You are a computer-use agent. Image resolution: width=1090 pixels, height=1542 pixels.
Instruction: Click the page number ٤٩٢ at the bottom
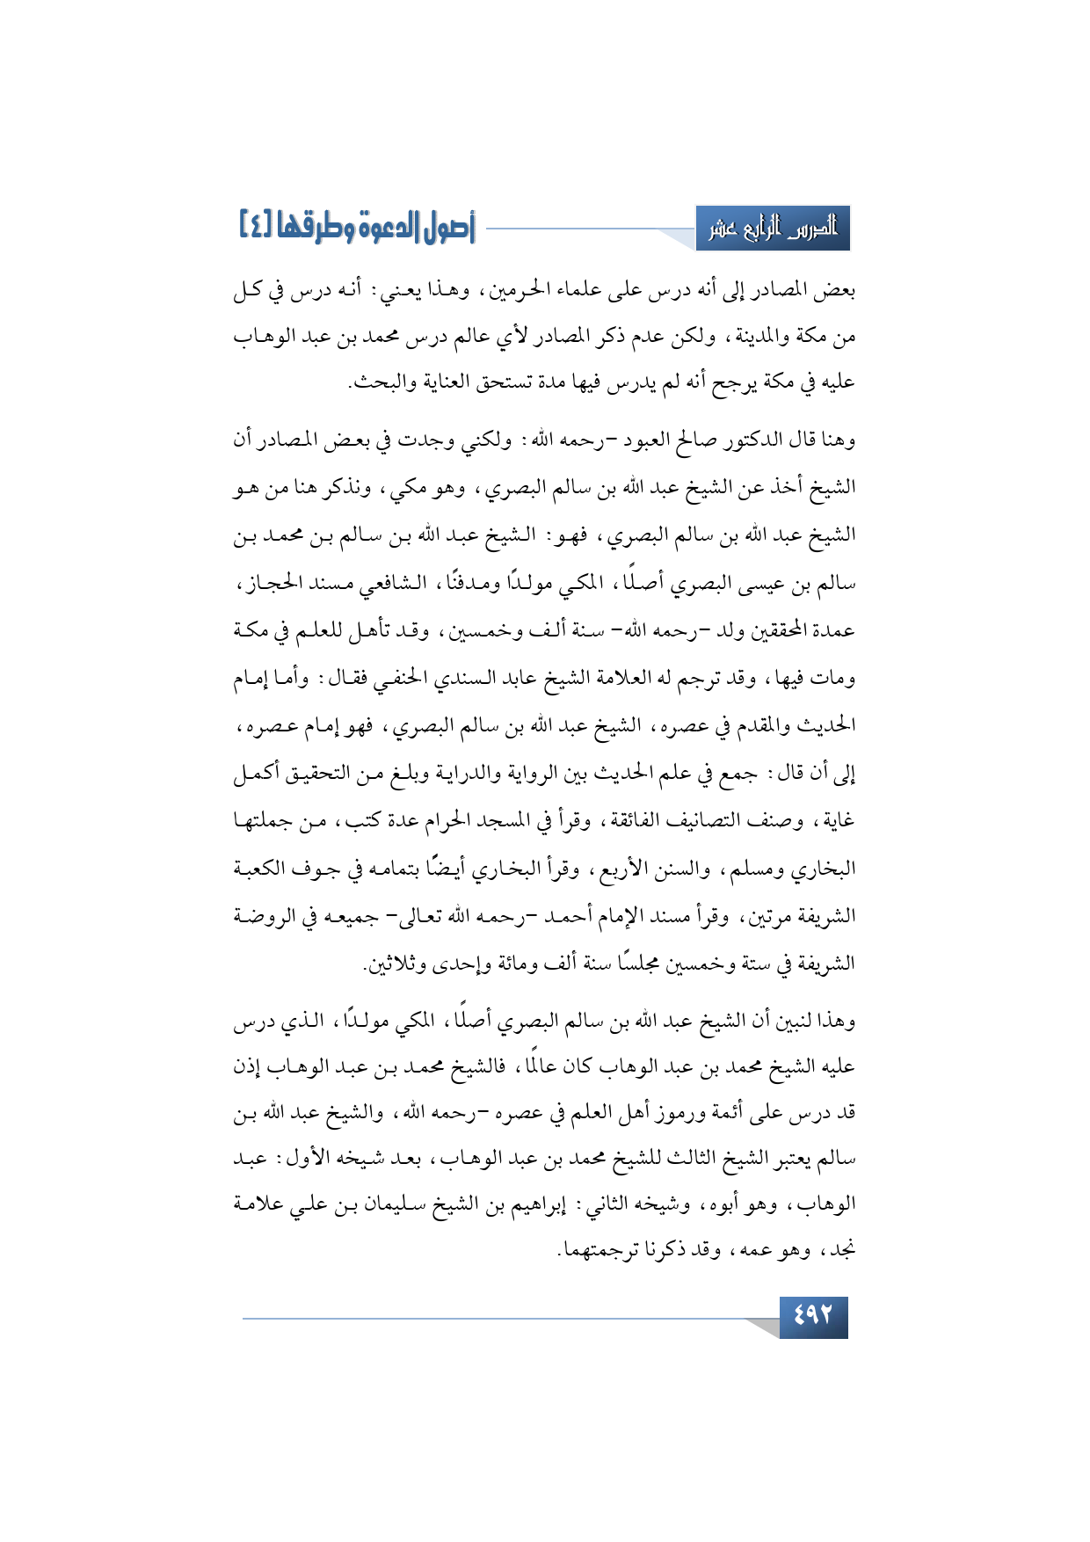(813, 1316)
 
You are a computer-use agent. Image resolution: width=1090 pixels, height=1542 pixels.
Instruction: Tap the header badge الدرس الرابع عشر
(773, 229)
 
